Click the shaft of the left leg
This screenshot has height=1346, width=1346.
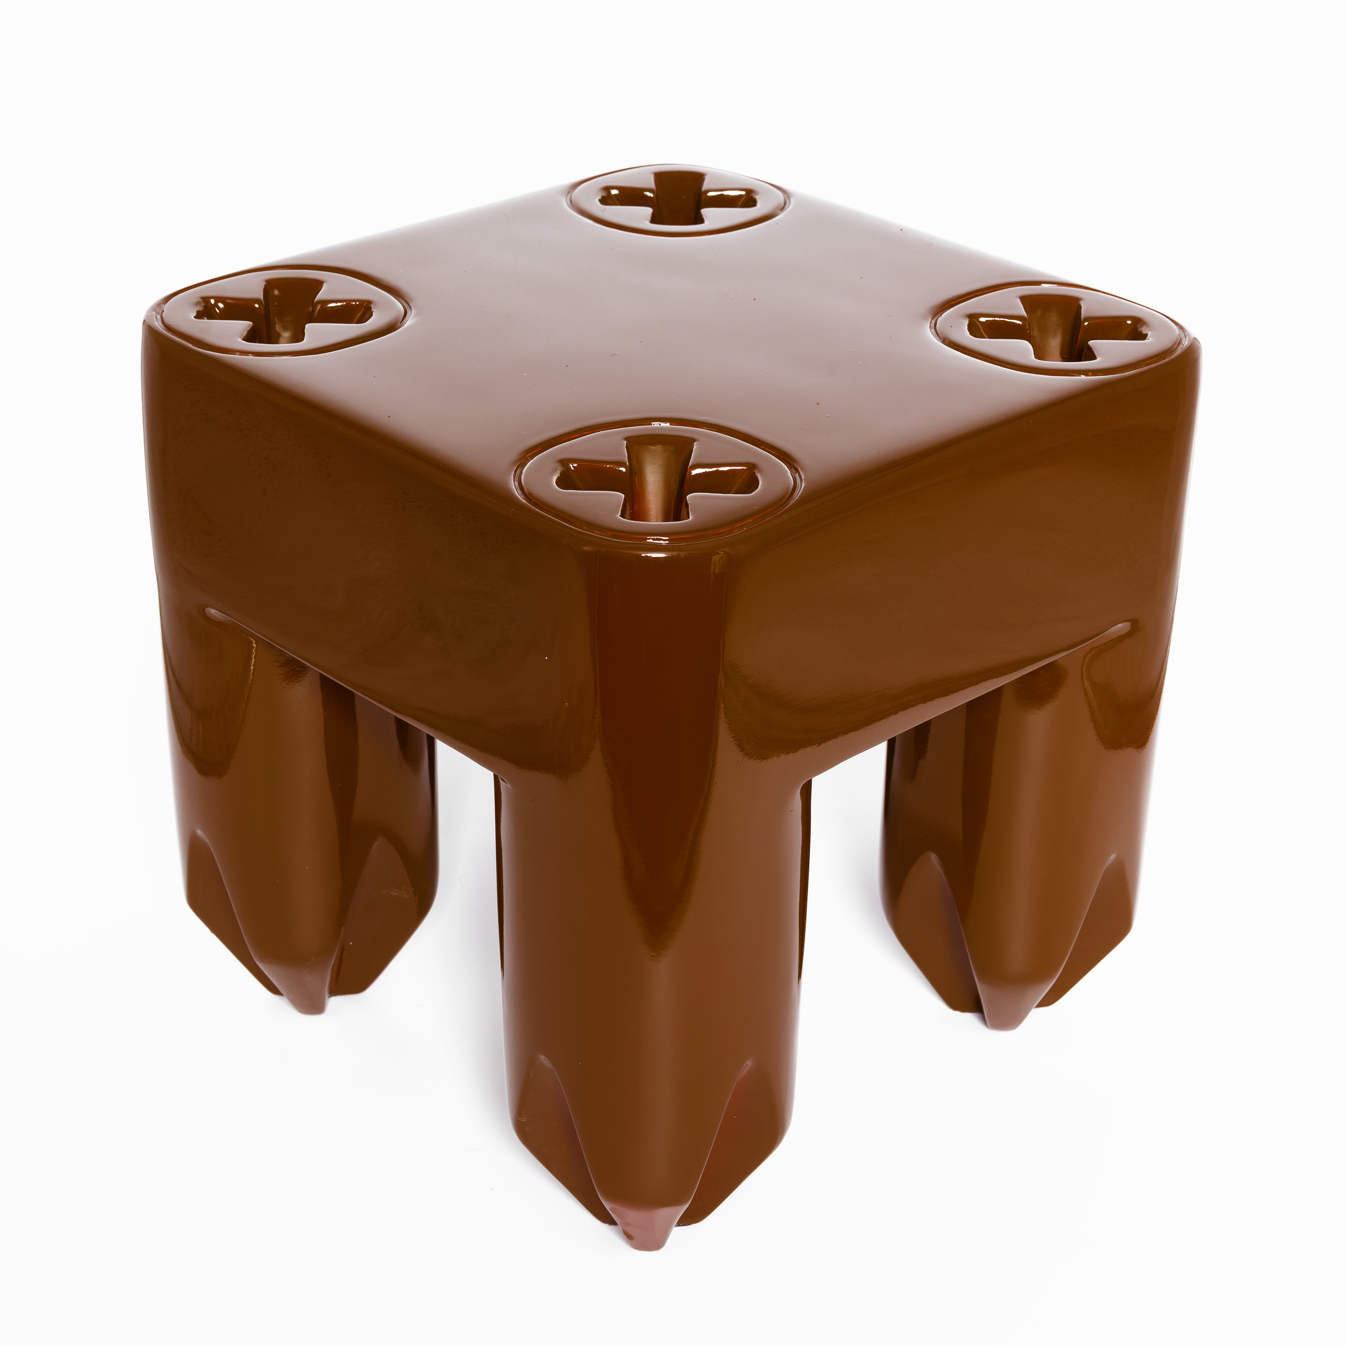[306, 801]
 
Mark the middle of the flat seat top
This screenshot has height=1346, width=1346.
[669, 334]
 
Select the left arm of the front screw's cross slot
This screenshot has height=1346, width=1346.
[581, 476]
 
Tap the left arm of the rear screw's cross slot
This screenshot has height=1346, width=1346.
[623, 197]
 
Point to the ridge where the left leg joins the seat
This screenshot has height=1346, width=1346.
[223, 616]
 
